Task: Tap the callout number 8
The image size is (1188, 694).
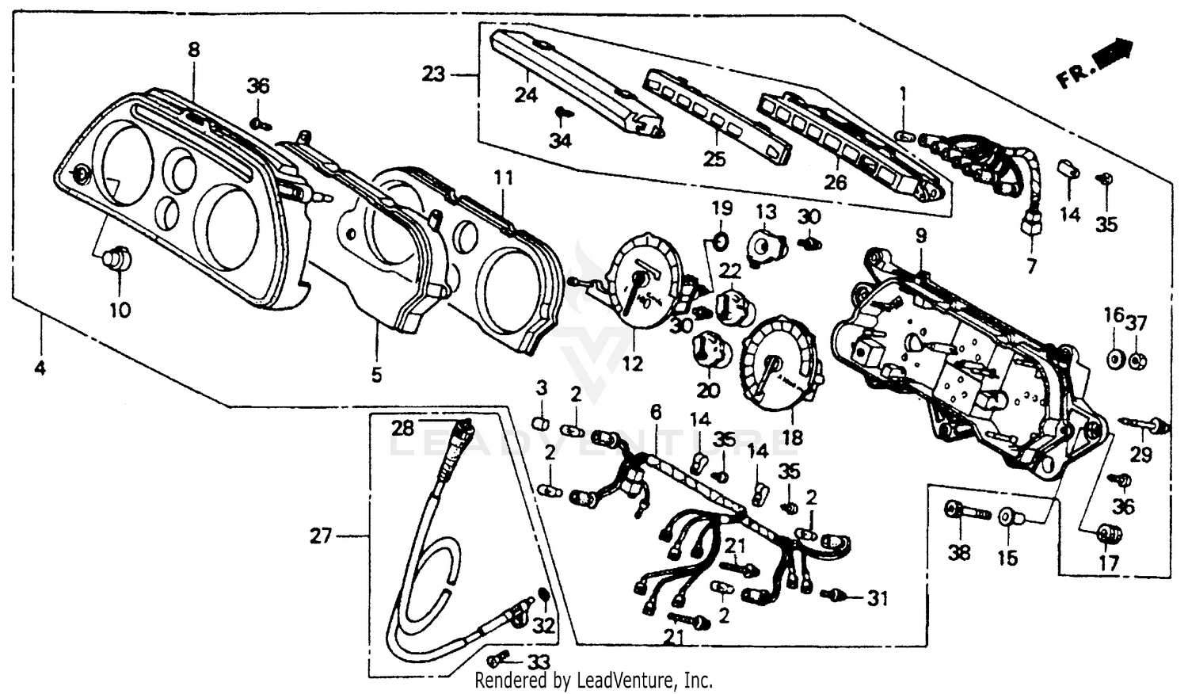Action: [193, 50]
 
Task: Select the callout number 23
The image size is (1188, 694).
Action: [433, 75]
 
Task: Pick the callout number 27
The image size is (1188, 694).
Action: [321, 536]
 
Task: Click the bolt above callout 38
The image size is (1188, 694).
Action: [966, 512]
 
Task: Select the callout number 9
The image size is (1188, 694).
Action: [920, 236]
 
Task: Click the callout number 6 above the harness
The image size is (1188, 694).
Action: [655, 412]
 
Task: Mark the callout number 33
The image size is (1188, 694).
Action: [538, 661]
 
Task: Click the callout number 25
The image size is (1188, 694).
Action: [714, 159]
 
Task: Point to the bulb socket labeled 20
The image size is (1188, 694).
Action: [708, 349]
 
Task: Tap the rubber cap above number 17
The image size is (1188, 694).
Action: [1109, 534]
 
